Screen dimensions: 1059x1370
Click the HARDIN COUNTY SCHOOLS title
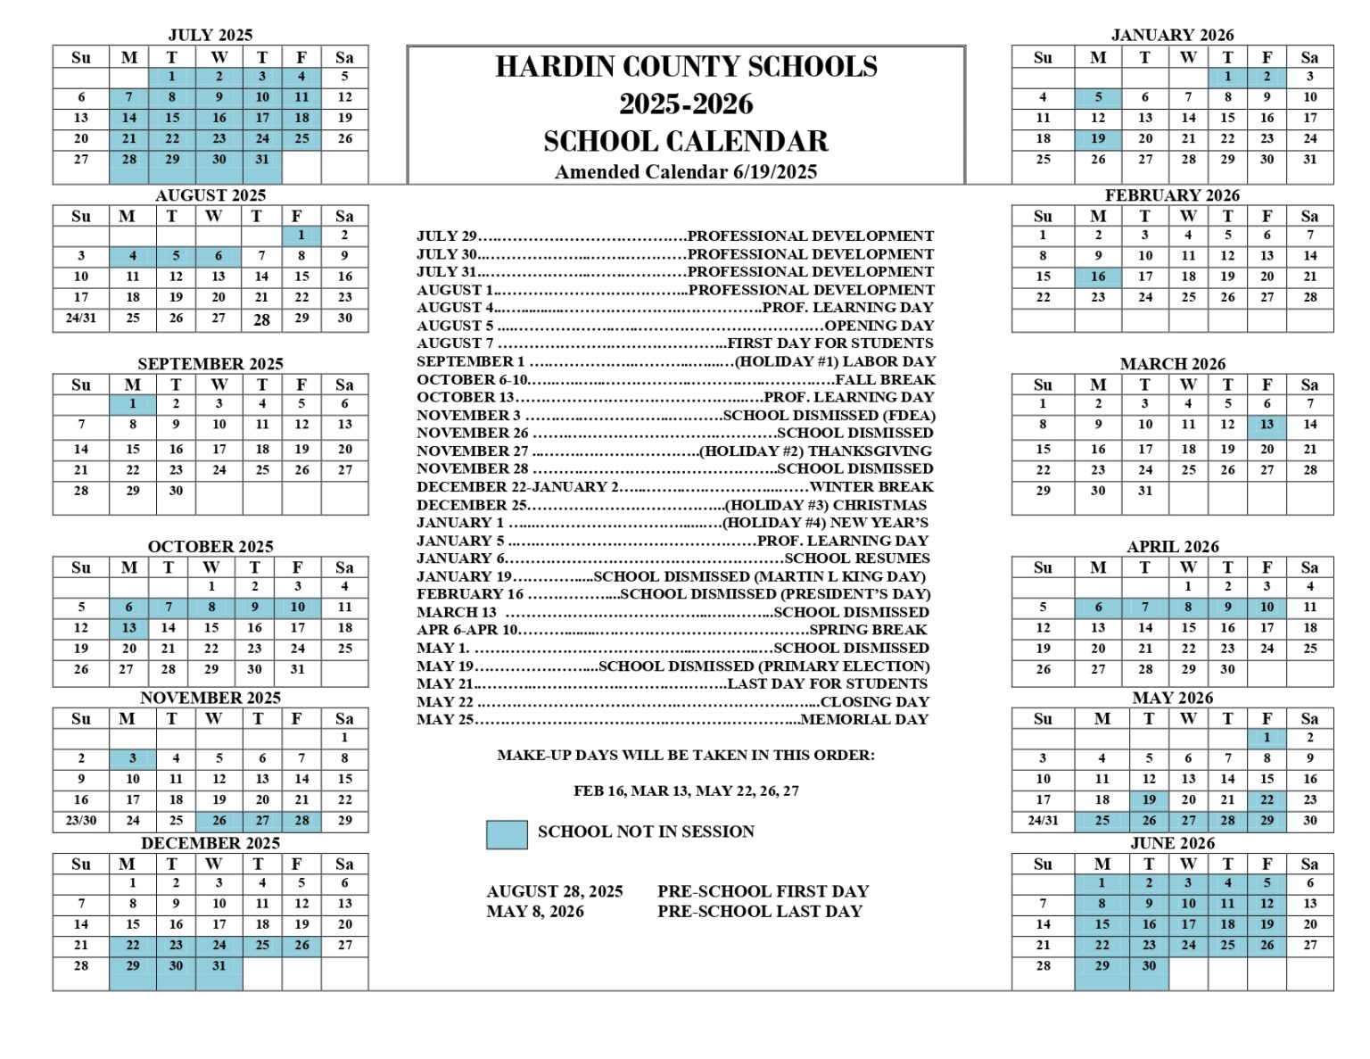[x=686, y=67]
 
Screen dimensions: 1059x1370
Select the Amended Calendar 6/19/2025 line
[x=686, y=172]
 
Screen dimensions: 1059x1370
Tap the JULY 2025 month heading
[x=210, y=35]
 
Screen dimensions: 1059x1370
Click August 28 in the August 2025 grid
[x=261, y=319]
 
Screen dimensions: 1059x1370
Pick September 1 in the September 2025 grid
[x=133, y=403]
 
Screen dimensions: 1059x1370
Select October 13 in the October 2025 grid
[x=129, y=628]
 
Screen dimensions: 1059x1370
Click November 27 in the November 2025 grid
[x=262, y=821]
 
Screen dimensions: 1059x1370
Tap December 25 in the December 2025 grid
[x=262, y=945]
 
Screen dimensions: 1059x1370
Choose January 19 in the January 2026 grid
[x=1098, y=139]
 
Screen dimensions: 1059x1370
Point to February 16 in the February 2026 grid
[x=1098, y=277]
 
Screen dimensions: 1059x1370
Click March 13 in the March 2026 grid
[x=1267, y=425]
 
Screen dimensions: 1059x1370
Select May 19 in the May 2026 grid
[x=1149, y=800]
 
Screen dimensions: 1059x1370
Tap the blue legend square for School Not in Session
[x=507, y=834]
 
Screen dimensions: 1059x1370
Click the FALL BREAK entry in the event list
[x=885, y=379]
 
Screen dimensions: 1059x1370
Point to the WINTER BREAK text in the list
[x=871, y=487]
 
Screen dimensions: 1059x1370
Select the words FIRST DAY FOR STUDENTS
[x=830, y=343]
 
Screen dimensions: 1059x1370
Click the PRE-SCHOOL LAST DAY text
[x=760, y=912]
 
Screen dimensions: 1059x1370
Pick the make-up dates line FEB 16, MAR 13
[x=686, y=790]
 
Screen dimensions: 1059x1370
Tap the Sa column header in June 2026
[x=1309, y=864]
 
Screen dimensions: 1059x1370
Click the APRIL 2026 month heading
[x=1172, y=547]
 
